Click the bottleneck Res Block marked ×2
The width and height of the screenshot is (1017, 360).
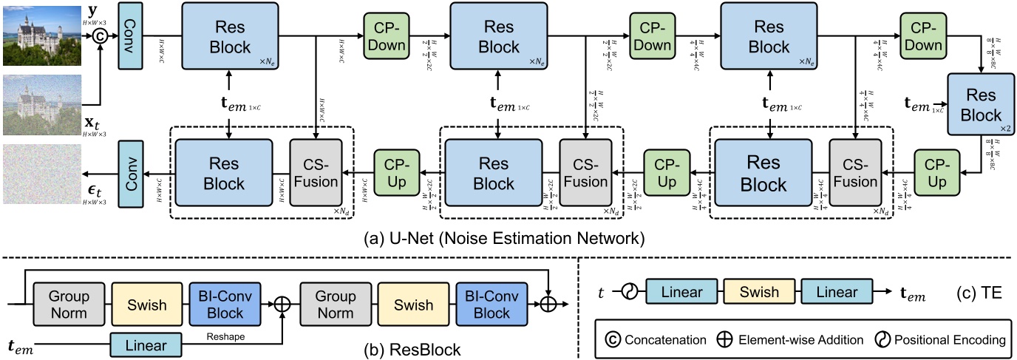pyautogui.click(x=981, y=105)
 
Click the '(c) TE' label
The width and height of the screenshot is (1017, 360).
pyautogui.click(x=979, y=293)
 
